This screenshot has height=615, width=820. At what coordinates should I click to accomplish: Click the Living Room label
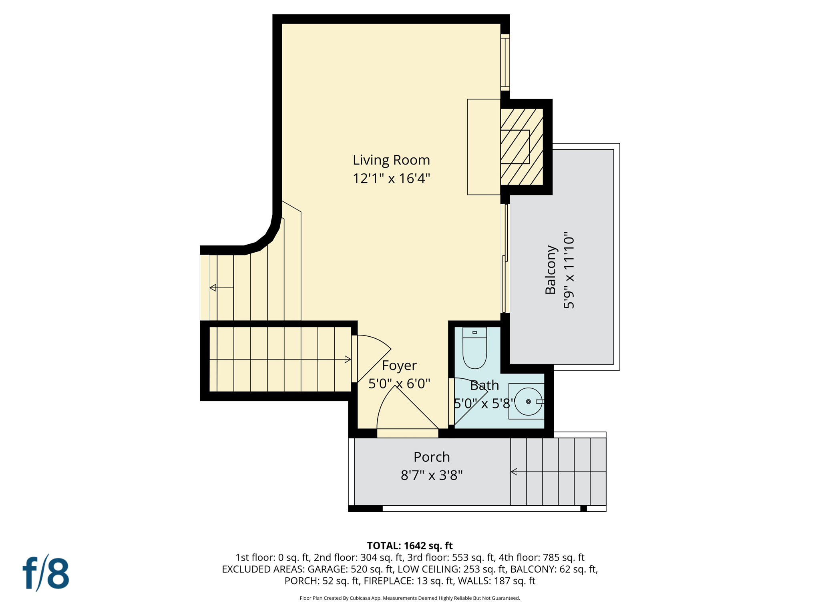click(x=391, y=160)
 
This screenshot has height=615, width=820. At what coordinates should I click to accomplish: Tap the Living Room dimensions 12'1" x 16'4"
click(x=391, y=178)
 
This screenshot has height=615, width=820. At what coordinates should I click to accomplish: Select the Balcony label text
click(x=551, y=270)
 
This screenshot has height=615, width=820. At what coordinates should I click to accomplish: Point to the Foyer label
click(x=399, y=365)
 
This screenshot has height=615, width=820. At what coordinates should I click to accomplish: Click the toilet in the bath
click(x=474, y=348)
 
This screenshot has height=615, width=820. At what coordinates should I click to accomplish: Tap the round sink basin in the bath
click(x=528, y=401)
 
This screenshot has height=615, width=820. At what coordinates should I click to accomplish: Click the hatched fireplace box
click(x=521, y=147)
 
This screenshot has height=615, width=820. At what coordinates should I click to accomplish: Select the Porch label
click(x=432, y=457)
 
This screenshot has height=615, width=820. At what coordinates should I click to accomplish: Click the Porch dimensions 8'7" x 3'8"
click(x=432, y=475)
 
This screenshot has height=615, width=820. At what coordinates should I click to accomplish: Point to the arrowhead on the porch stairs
click(x=514, y=472)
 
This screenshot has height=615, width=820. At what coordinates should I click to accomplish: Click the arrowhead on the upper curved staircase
click(x=213, y=287)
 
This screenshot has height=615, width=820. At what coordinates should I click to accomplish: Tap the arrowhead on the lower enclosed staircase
click(x=348, y=359)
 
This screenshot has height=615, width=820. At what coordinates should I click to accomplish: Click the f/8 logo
click(x=46, y=573)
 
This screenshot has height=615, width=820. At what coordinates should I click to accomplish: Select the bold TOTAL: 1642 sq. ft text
click(x=410, y=546)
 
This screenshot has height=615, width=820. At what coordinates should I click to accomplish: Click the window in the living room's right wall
click(x=505, y=62)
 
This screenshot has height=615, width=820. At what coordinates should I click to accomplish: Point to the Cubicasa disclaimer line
click(x=410, y=598)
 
